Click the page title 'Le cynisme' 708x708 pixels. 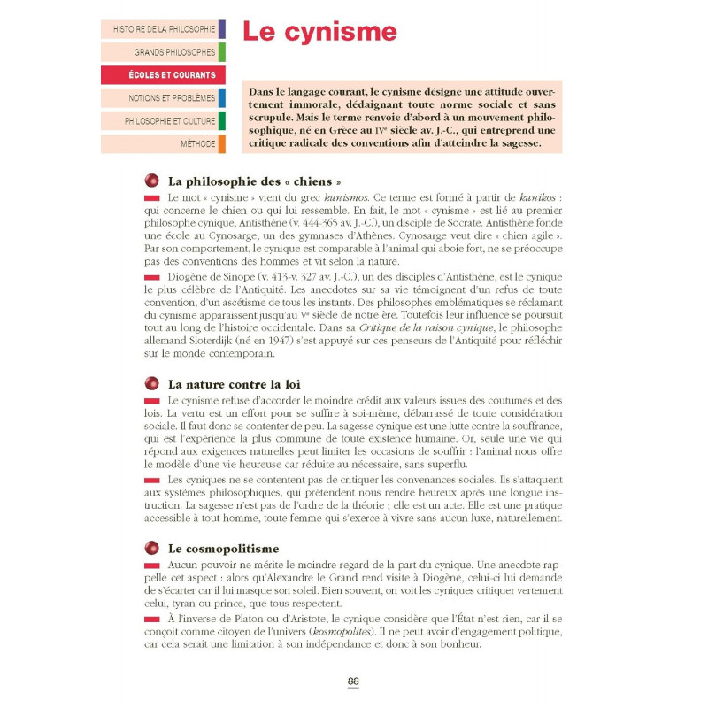pyautogui.click(x=319, y=32)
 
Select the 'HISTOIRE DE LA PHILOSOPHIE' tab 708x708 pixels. pyautogui.click(x=164, y=29)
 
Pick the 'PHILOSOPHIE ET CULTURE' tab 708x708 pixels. pyautogui.click(x=169, y=121)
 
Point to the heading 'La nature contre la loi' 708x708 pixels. pyautogui.click(x=235, y=384)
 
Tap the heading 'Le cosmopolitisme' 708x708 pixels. pyautogui.click(x=223, y=549)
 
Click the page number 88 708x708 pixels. pyautogui.click(x=353, y=681)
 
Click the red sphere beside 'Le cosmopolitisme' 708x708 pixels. pyautogui.click(x=151, y=549)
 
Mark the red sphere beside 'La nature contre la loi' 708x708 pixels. pyautogui.click(x=151, y=384)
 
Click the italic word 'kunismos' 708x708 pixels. pyautogui.click(x=352, y=196)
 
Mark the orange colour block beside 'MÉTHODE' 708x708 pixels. pyautogui.click(x=221, y=144)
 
